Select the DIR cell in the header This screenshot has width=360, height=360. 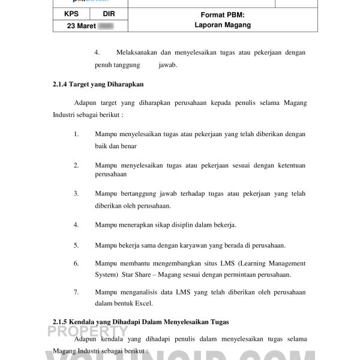[109, 13]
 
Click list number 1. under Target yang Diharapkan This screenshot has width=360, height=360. [76, 134]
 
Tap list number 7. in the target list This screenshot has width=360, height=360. [76, 292]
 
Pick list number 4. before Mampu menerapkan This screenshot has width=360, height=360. [76, 225]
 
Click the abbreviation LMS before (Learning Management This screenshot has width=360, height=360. [228, 263]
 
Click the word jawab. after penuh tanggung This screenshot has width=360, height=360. [168, 65]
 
